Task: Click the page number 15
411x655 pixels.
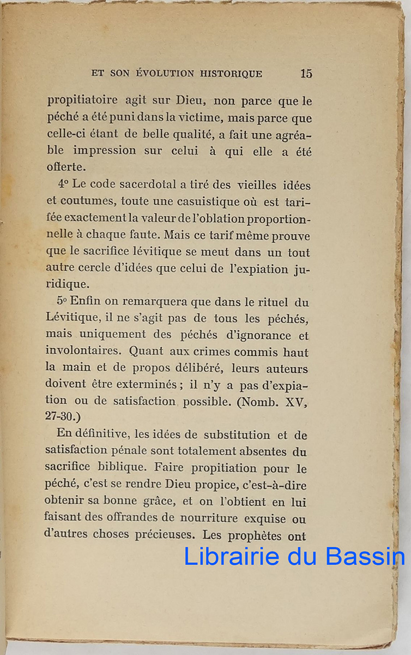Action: click(x=306, y=73)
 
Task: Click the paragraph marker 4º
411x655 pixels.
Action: click(x=63, y=185)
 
